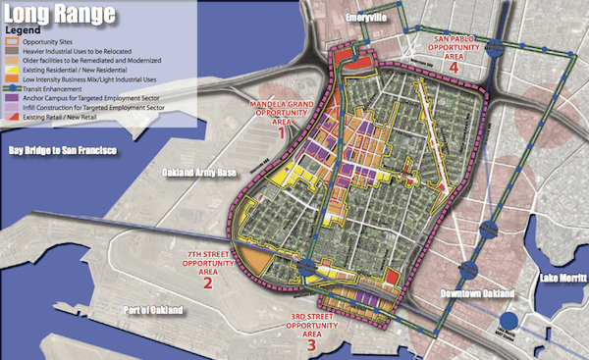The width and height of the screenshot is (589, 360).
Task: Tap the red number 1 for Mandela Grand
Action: point(281,129)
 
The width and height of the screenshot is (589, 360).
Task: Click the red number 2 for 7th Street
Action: point(207,284)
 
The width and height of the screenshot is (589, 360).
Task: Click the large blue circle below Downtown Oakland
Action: point(508,322)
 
